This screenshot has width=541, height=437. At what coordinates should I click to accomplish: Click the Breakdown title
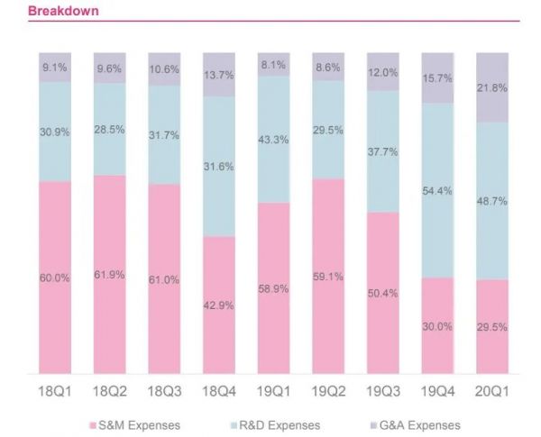click(x=63, y=11)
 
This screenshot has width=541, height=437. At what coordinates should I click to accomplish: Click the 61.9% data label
click(x=109, y=274)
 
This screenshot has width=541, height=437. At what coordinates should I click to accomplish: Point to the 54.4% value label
click(x=437, y=191)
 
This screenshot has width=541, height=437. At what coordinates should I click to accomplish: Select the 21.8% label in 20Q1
click(x=492, y=87)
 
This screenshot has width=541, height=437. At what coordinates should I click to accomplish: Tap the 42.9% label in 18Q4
click(x=218, y=305)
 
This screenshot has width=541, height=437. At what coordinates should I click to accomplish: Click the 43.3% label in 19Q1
click(x=273, y=141)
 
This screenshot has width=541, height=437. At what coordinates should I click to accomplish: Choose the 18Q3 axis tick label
click(x=164, y=392)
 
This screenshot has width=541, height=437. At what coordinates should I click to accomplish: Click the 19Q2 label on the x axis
click(x=328, y=392)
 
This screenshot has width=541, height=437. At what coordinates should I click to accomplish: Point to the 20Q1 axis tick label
click(x=492, y=392)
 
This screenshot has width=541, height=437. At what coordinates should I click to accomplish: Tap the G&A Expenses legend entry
click(x=416, y=424)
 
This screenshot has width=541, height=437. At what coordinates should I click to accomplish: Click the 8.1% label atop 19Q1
click(x=273, y=65)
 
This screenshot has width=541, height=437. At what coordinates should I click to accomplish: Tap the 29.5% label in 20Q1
click(x=492, y=327)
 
